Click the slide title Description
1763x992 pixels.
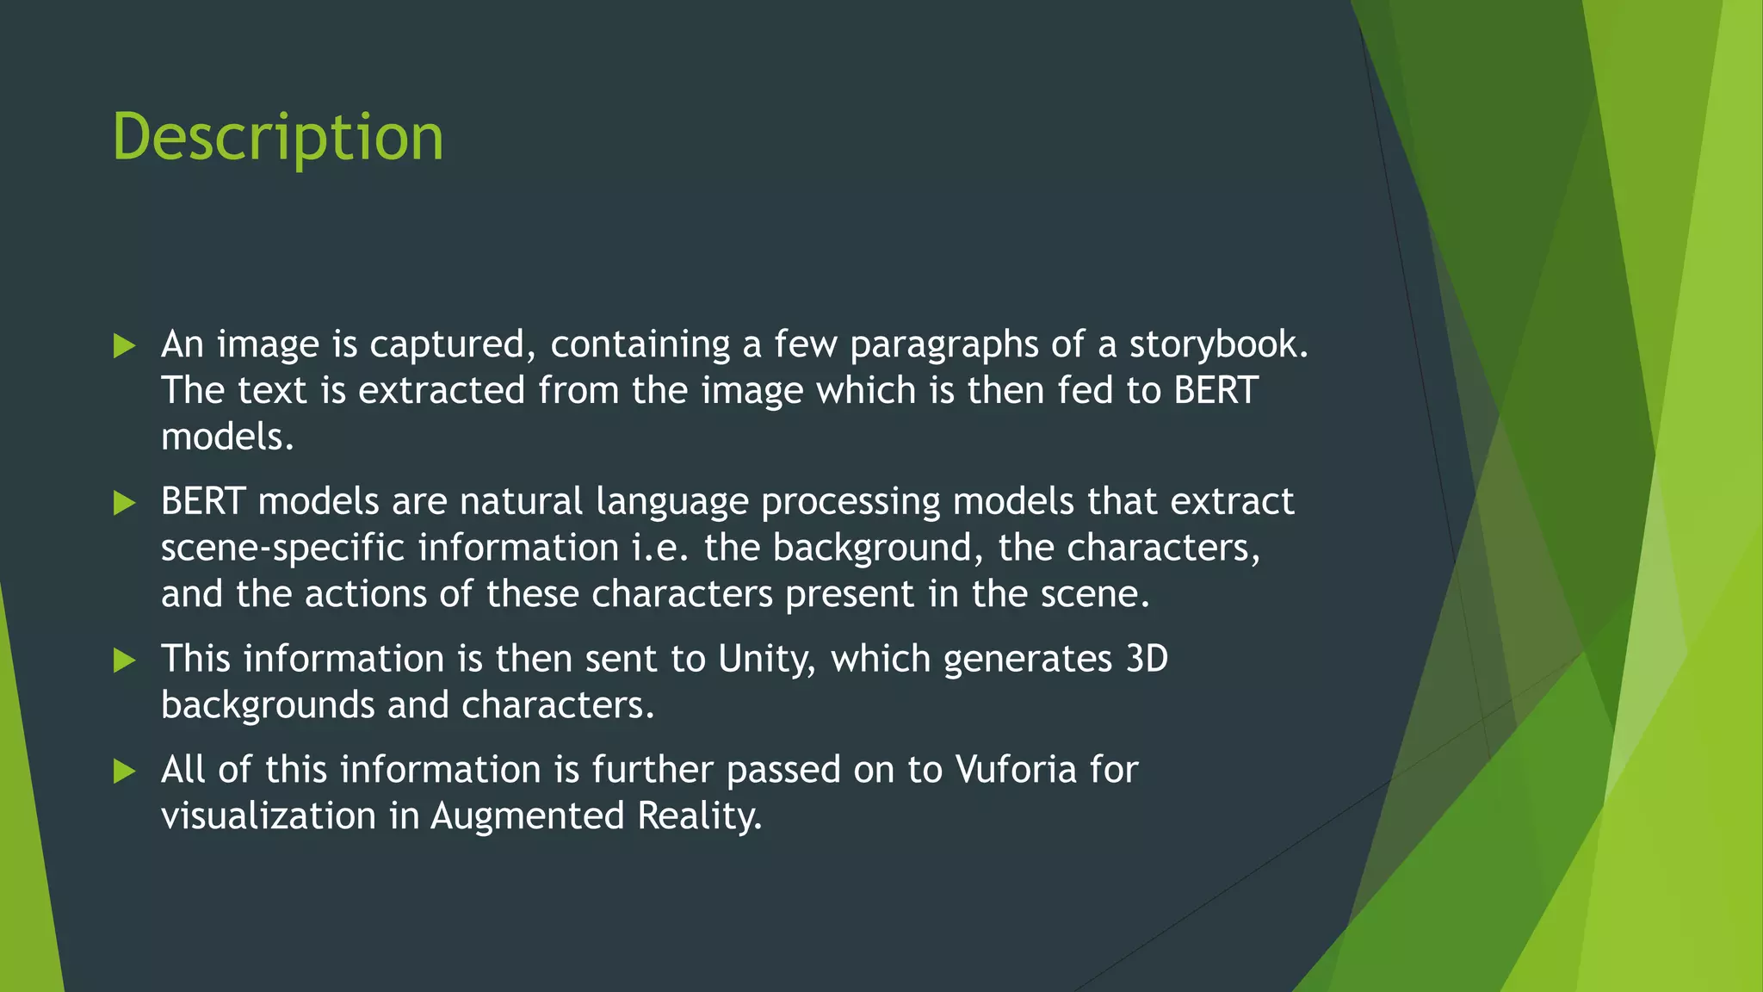pyautogui.click(x=278, y=138)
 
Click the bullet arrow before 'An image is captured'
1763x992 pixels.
pyautogui.click(x=125, y=346)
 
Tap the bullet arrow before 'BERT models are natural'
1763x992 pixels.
pyautogui.click(x=125, y=503)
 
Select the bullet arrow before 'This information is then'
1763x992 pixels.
pyautogui.click(x=125, y=660)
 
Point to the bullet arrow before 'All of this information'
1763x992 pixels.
pyautogui.click(x=125, y=772)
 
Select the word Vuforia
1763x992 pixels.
pyautogui.click(x=1016, y=770)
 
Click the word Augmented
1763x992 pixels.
pyautogui.click(x=528, y=816)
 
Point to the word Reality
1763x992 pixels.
pyautogui.click(x=699, y=816)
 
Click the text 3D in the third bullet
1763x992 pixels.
pyautogui.click(x=1147, y=659)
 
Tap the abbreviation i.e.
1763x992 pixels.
pyautogui.click(x=660, y=548)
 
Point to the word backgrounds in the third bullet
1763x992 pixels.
pyautogui.click(x=268, y=706)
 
